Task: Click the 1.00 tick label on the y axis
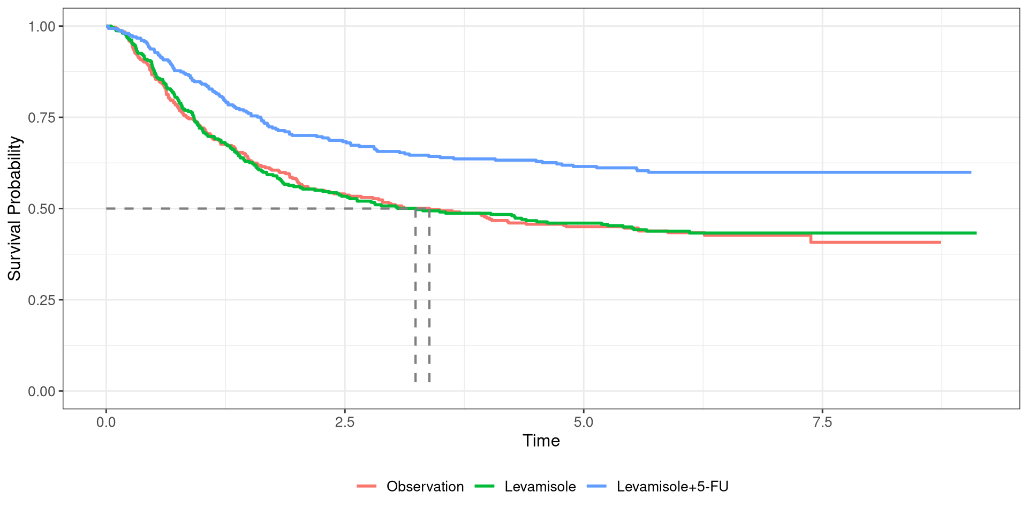(42, 26)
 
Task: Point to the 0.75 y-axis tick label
(42, 117)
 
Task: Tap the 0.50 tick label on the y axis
(42, 209)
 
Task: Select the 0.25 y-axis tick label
(42, 300)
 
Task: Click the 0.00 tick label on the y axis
(42, 391)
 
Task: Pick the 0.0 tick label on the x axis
(106, 422)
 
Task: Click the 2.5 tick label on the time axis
(345, 422)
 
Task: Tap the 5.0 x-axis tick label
(584, 422)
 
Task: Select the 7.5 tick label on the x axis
(822, 422)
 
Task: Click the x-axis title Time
(541, 441)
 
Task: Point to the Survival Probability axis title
(14, 209)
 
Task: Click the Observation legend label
(425, 487)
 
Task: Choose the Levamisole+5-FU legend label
(672, 487)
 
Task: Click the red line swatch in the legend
(367, 486)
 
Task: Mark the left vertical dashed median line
(415, 294)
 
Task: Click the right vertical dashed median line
(429, 294)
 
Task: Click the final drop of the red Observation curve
(811, 239)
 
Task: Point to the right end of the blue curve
(970, 172)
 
